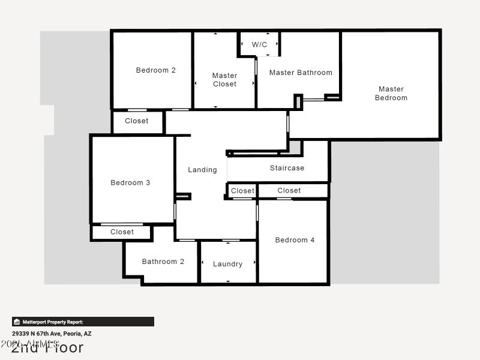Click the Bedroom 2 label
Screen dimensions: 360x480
(x=156, y=70)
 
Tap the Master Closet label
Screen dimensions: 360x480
(x=225, y=80)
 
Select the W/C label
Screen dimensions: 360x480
(x=260, y=44)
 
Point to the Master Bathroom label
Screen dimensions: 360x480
(x=301, y=73)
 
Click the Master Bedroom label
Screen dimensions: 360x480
(x=391, y=94)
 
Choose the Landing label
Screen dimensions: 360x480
(x=202, y=170)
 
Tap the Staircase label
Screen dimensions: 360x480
(x=287, y=168)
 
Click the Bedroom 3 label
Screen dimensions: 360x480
(x=131, y=182)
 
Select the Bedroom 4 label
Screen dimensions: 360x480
(x=295, y=240)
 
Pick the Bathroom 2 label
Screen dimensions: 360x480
(x=163, y=262)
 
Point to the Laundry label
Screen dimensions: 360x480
(x=228, y=264)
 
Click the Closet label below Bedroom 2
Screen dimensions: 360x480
(x=137, y=121)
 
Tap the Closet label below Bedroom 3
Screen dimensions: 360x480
(x=122, y=232)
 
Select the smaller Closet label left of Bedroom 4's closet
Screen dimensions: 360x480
(x=243, y=191)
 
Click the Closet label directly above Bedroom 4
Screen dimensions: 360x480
(x=289, y=190)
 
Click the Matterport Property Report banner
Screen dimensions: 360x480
(x=83, y=322)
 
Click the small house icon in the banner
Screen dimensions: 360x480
(x=17, y=322)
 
